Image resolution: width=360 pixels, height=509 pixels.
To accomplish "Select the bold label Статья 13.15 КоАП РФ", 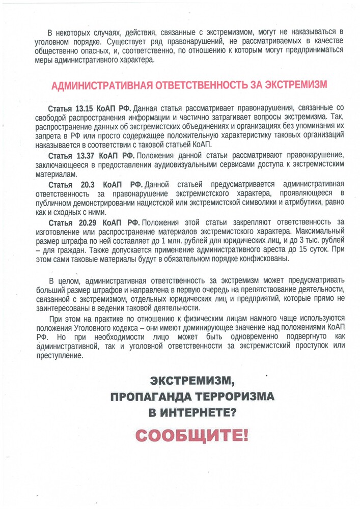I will pyautogui.click(x=90, y=108).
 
